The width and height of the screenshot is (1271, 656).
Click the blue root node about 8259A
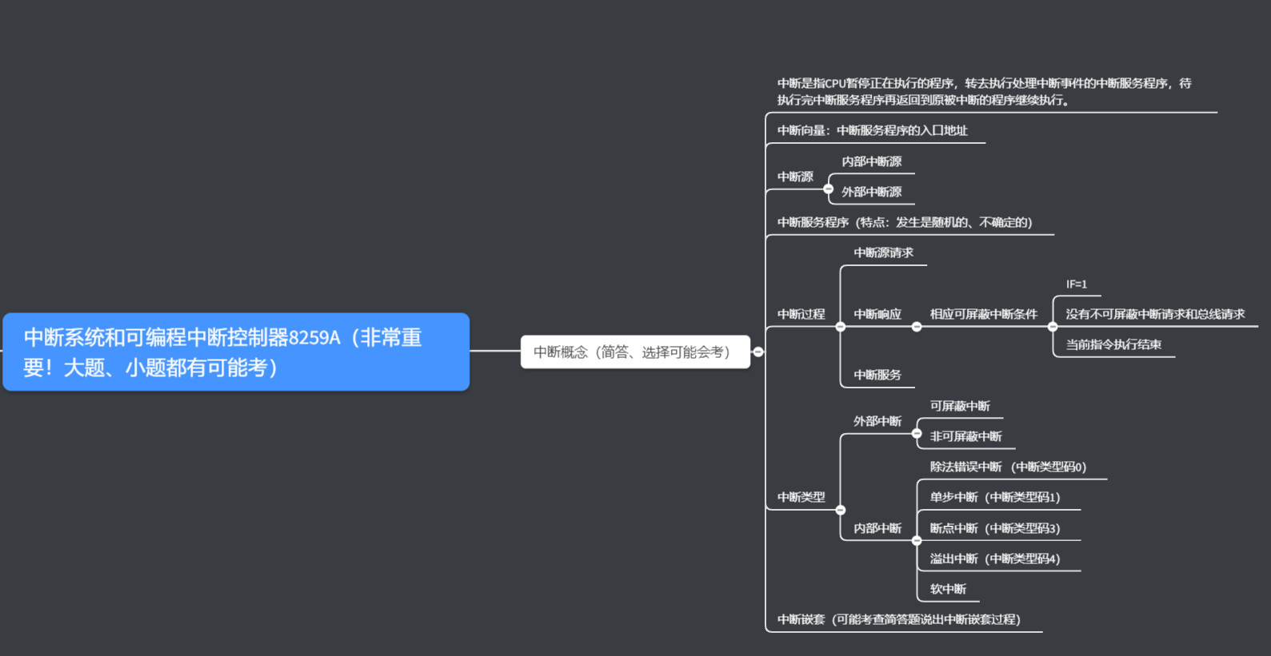click(x=236, y=352)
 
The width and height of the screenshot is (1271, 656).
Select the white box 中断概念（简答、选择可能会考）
click(x=634, y=352)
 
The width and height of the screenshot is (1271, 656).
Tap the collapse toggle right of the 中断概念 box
click(x=758, y=352)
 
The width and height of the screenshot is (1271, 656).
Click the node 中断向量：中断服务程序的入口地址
click(x=872, y=130)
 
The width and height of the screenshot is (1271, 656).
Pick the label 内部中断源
click(x=871, y=161)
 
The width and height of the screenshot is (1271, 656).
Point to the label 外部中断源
click(x=871, y=192)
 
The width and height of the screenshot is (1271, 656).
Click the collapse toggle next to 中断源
click(x=829, y=189)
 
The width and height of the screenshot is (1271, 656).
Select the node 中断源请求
click(x=883, y=252)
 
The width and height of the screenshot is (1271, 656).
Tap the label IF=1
click(x=1076, y=284)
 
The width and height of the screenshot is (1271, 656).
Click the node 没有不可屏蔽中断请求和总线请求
click(x=1154, y=314)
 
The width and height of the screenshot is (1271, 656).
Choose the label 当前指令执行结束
click(x=1113, y=344)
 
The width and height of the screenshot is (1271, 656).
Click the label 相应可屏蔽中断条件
click(x=983, y=314)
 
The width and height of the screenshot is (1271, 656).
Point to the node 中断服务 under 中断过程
click(x=877, y=375)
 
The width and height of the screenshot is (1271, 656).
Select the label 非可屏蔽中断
click(x=965, y=436)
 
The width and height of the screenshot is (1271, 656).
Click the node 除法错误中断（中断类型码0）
click(x=1008, y=467)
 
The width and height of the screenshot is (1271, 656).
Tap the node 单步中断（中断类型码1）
click(x=994, y=497)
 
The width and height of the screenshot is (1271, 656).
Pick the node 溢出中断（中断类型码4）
click(x=994, y=559)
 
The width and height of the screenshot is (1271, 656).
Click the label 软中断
click(x=948, y=589)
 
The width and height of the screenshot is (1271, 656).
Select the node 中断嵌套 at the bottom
click(x=898, y=619)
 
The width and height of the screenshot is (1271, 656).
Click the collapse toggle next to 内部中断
click(x=917, y=540)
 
